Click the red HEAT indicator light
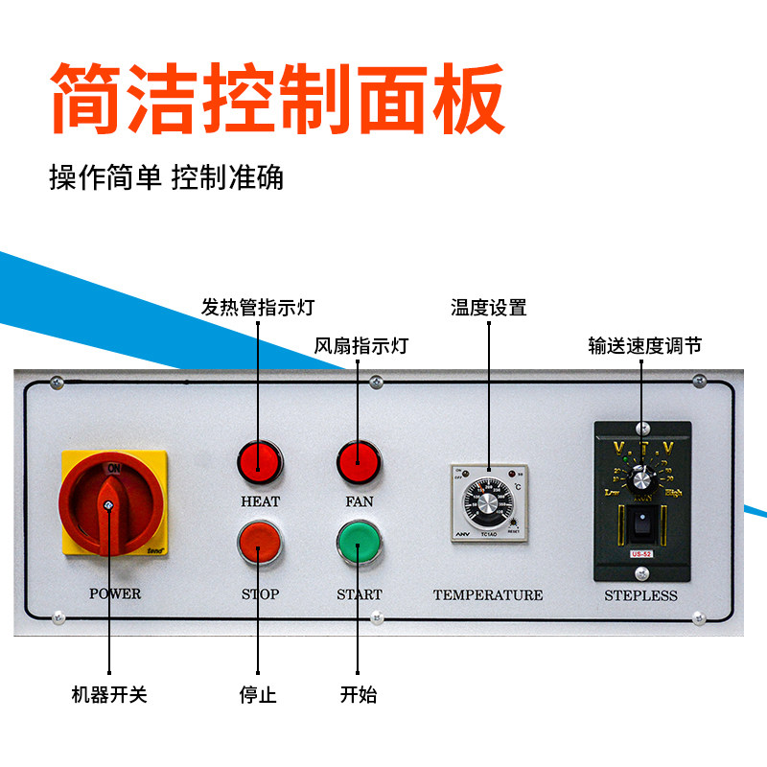click(260, 461)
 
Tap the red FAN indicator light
click(359, 461)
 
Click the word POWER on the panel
click(115, 594)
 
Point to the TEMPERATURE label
click(487, 595)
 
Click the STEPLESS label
click(640, 595)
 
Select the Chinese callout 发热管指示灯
click(257, 308)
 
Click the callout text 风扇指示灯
click(361, 345)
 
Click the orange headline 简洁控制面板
click(278, 99)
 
